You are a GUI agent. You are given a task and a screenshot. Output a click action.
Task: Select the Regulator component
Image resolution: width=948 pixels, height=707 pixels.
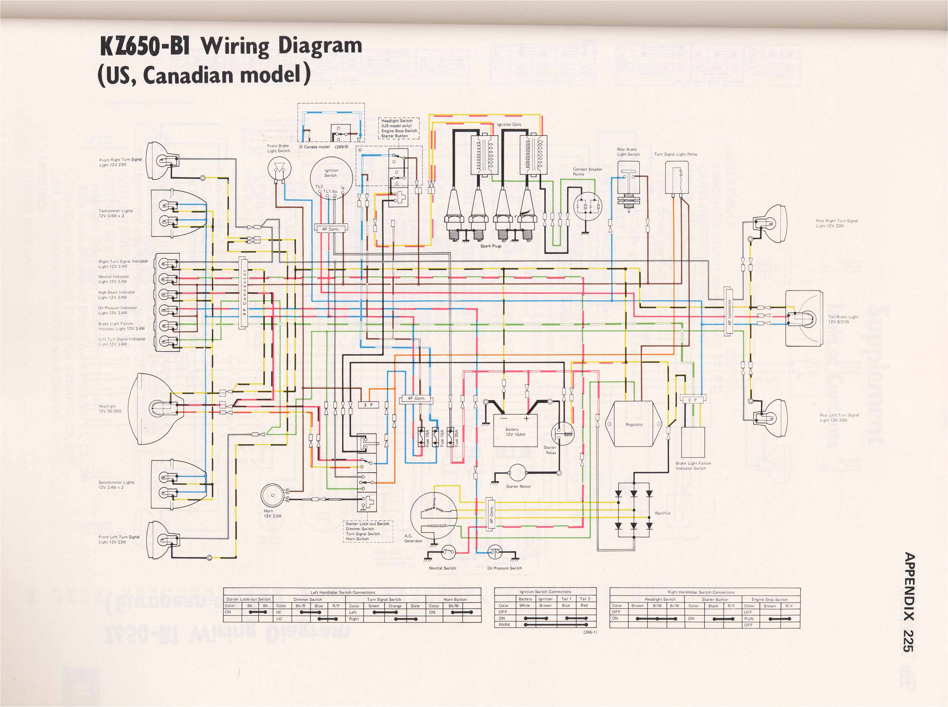(x=634, y=424)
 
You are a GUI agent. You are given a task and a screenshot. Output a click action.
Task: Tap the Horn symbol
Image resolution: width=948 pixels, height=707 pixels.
(x=273, y=496)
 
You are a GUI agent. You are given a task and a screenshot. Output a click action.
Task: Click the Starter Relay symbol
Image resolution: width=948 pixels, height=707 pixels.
(x=562, y=434)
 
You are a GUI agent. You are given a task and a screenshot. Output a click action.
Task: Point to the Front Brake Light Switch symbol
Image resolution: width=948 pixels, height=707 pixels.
(x=279, y=168)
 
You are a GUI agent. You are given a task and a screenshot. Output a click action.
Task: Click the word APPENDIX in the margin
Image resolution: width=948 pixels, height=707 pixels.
(x=909, y=587)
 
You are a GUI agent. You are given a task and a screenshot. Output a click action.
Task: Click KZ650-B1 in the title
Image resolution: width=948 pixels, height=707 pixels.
(x=145, y=46)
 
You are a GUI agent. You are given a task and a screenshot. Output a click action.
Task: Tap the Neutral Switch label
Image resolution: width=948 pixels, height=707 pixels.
(x=442, y=568)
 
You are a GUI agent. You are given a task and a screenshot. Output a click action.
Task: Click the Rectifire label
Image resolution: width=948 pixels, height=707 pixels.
(x=662, y=513)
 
